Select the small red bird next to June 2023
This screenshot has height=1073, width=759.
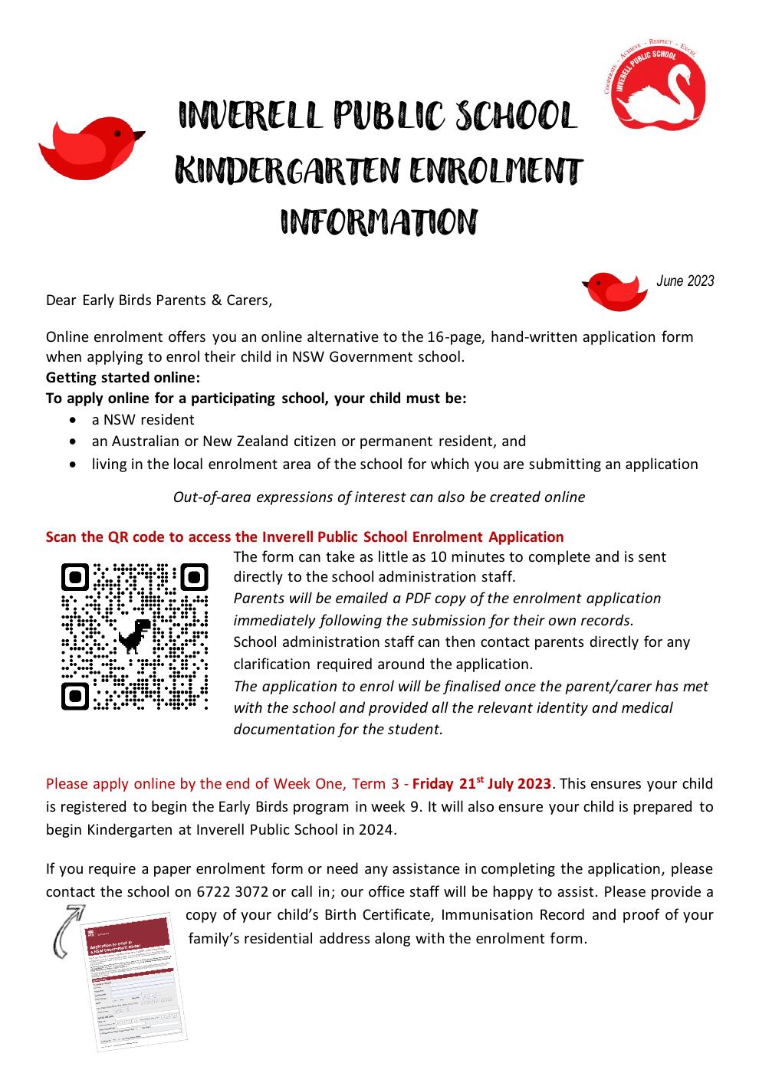611,290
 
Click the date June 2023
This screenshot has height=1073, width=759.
685,281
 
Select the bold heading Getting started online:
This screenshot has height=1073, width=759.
123,377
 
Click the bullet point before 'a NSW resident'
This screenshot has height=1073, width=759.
72,420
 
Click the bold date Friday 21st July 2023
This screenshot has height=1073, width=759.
481,783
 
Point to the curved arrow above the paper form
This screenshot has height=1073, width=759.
66,929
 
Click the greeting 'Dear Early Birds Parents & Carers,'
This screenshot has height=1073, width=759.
159,300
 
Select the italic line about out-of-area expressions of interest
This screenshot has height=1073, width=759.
379,497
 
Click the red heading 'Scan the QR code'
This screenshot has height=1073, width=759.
304,536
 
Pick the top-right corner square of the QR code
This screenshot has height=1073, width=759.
193,577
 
